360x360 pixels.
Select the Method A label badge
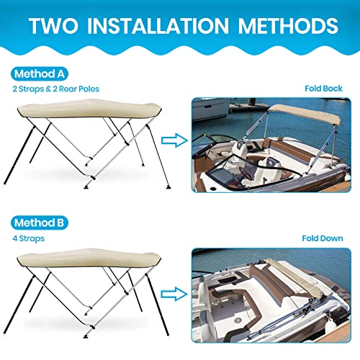(x=40, y=73)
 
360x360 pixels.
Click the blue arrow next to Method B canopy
(x=172, y=292)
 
